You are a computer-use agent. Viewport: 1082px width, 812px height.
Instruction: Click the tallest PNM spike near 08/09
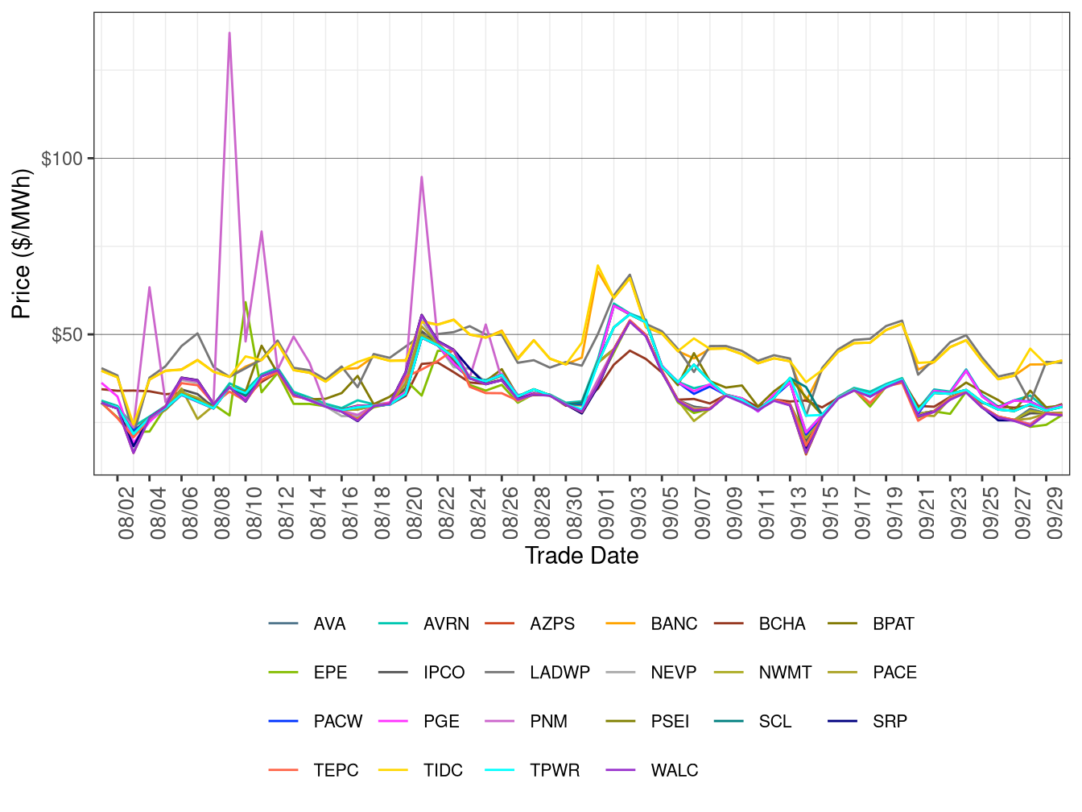[229, 34]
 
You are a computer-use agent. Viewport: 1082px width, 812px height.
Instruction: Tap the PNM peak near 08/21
[421, 177]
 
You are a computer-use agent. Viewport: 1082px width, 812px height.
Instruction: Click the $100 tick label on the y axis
[62, 159]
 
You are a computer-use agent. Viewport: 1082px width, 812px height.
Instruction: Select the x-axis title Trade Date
[581, 556]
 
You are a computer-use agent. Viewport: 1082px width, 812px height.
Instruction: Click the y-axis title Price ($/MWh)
[22, 243]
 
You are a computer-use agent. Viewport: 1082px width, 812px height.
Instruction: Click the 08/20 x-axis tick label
[415, 516]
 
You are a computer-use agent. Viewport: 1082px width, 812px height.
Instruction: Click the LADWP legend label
[560, 673]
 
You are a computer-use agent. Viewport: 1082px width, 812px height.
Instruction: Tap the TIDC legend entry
[443, 771]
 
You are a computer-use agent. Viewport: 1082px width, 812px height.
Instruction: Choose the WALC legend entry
[674, 771]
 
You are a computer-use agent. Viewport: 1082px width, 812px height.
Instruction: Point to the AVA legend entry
[329, 624]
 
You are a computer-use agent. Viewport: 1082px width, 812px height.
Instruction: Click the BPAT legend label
[893, 624]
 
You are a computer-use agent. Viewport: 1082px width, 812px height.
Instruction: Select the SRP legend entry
[890, 722]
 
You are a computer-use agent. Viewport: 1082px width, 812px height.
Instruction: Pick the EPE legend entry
[330, 673]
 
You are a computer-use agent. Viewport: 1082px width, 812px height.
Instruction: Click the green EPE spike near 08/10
[246, 302]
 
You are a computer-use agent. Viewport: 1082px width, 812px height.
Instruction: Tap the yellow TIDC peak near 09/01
[597, 266]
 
